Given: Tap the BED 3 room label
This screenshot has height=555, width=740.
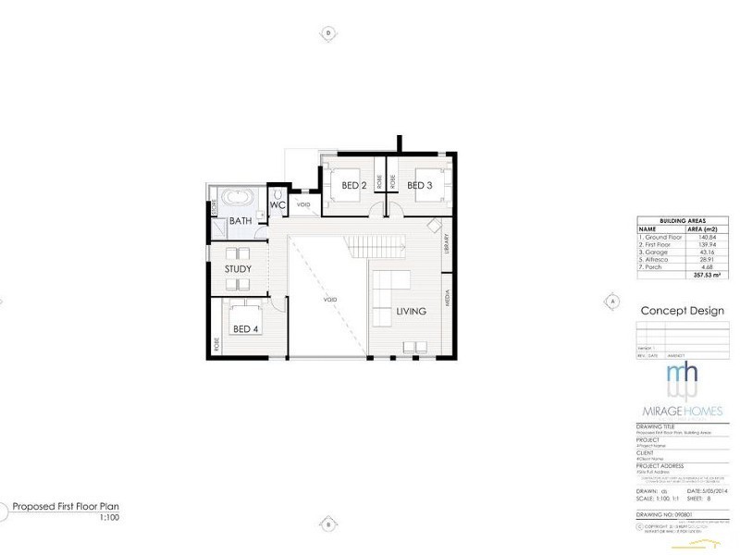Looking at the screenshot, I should tap(420, 186).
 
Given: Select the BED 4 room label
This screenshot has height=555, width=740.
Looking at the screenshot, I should tap(245, 328).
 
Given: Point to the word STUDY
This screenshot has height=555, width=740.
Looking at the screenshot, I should tap(238, 269).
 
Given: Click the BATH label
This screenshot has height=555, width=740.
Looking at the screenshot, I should tap(240, 221).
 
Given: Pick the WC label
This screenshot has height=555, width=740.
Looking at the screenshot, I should tap(277, 205).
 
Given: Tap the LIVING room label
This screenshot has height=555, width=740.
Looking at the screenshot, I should tap(411, 312).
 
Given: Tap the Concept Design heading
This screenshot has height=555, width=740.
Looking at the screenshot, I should tap(682, 312).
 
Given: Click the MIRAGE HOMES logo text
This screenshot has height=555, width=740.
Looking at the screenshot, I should tap(683, 410).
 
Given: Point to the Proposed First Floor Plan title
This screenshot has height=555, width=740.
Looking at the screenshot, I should tap(66, 507).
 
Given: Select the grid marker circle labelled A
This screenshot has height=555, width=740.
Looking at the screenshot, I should tap(611, 301).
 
